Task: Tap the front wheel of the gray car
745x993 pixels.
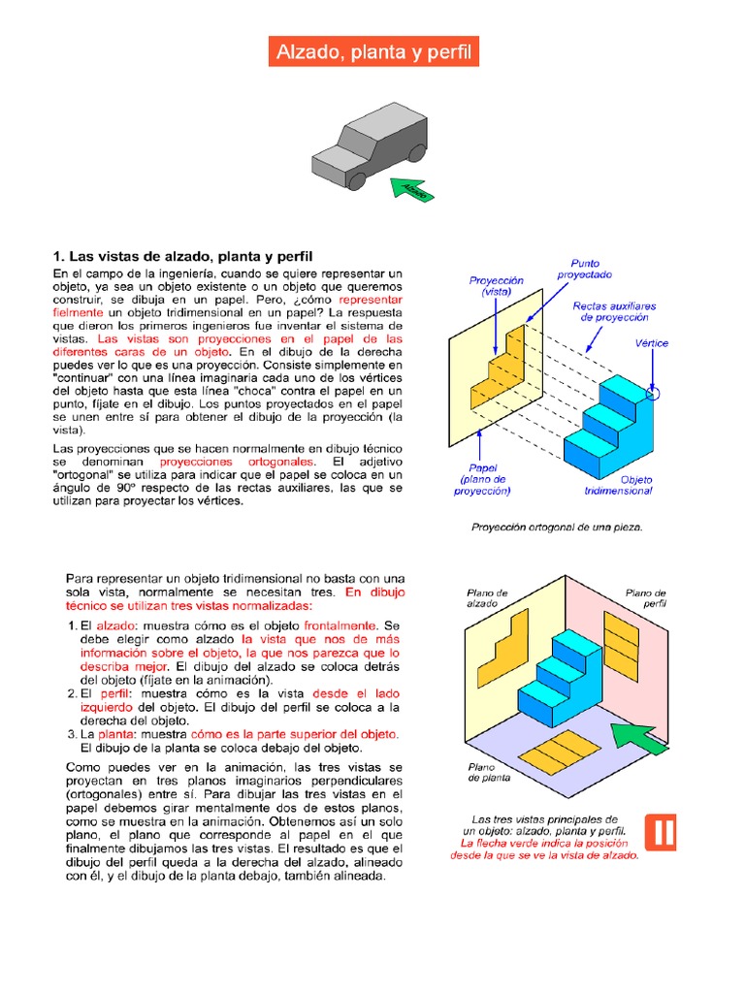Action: click(x=357, y=180)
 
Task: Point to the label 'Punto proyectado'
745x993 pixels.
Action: click(x=584, y=269)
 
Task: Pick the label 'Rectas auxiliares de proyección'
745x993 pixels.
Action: click(x=613, y=311)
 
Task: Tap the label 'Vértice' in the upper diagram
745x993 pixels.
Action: click(x=651, y=343)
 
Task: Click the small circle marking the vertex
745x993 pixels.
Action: click(x=651, y=394)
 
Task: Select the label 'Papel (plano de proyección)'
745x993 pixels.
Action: click(x=482, y=479)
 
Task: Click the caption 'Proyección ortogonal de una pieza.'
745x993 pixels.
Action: click(x=556, y=529)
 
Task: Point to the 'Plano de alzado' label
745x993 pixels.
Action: click(x=487, y=597)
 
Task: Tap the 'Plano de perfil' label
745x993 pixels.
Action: click(x=645, y=597)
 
